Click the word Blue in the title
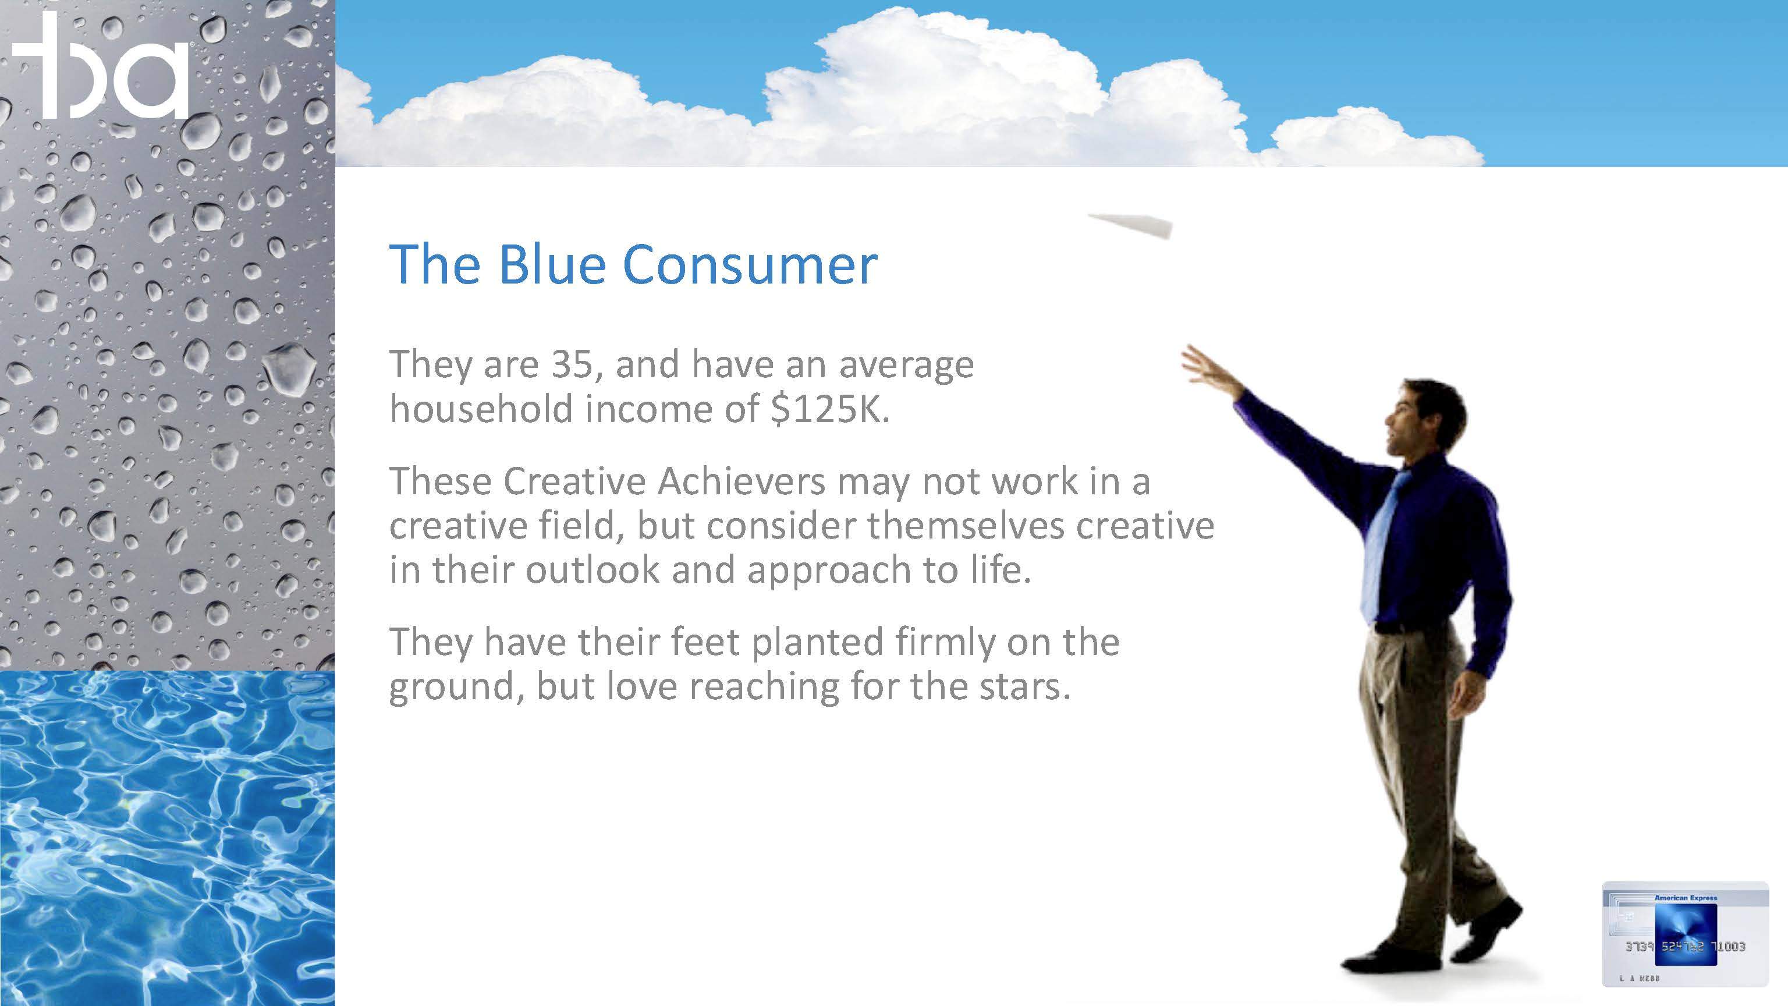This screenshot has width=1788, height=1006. click(552, 264)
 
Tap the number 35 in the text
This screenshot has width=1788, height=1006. click(573, 364)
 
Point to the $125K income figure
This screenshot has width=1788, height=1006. click(830, 409)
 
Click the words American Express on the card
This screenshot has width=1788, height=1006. click(1686, 898)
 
